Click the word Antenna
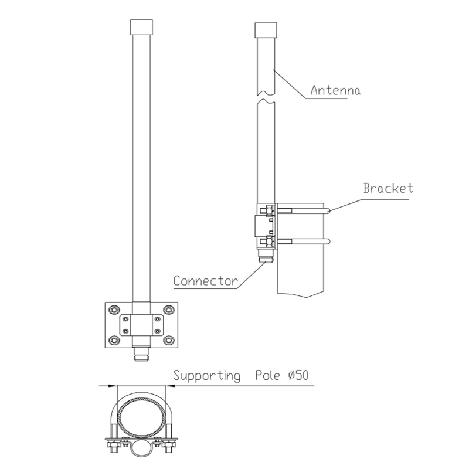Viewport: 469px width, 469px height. [335, 91]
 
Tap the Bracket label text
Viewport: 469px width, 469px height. [388, 188]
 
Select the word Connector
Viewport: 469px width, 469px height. [205, 281]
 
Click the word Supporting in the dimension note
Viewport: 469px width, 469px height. [207, 376]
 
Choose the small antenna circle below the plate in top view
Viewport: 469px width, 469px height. [141, 448]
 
